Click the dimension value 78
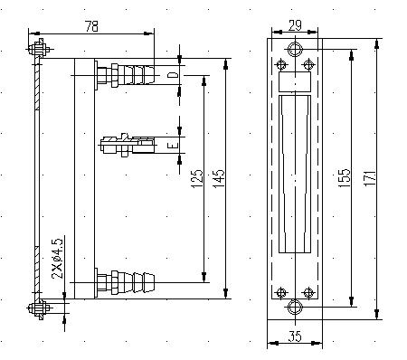pyautogui.click(x=91, y=26)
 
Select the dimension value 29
pyautogui.click(x=295, y=25)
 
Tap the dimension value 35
pyautogui.click(x=295, y=336)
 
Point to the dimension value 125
pyautogui.click(x=197, y=178)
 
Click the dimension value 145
pyautogui.click(x=219, y=178)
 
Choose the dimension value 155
pyautogui.click(x=345, y=178)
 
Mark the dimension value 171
pyautogui.click(x=370, y=178)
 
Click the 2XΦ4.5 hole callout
pyautogui.click(x=57, y=259)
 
